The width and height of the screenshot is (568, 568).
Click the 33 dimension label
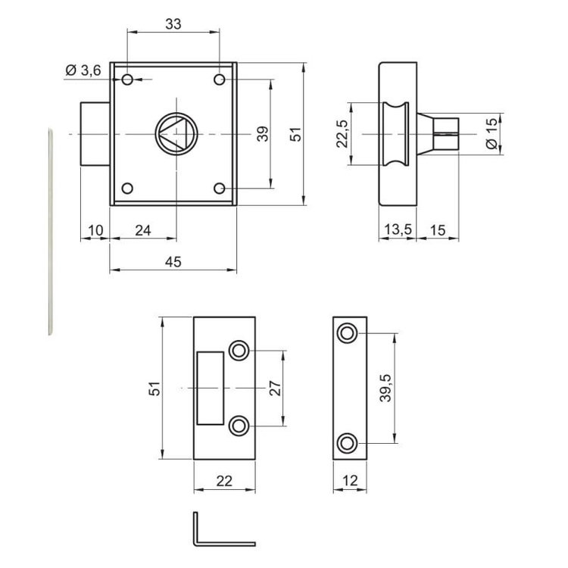point(173,24)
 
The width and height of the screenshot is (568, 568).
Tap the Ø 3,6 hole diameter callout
point(83,70)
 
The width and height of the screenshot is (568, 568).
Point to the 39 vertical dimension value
point(263,133)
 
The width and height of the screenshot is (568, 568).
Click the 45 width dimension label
point(173,262)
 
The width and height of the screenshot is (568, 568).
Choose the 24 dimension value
point(142,230)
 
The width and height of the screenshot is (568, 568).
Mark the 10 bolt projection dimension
point(95,230)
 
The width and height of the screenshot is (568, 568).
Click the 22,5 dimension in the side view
point(342,133)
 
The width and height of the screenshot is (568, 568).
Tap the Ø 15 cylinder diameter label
point(492,133)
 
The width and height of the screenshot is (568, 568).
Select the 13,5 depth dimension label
point(398,229)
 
